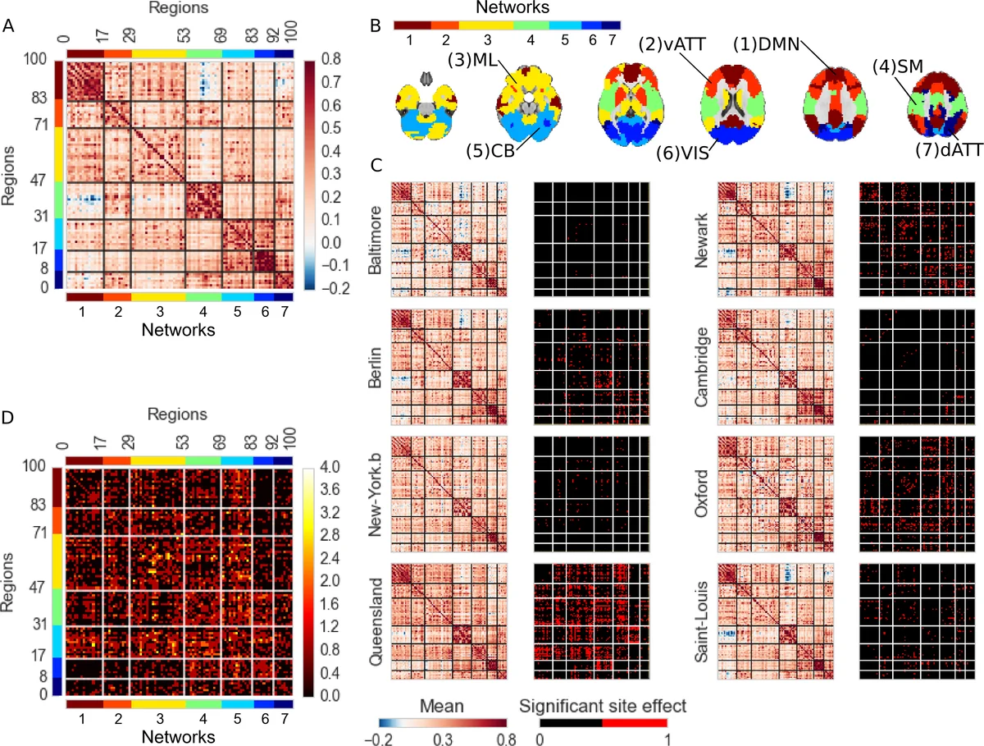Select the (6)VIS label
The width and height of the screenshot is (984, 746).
(685, 152)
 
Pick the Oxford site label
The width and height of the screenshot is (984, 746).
(703, 493)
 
